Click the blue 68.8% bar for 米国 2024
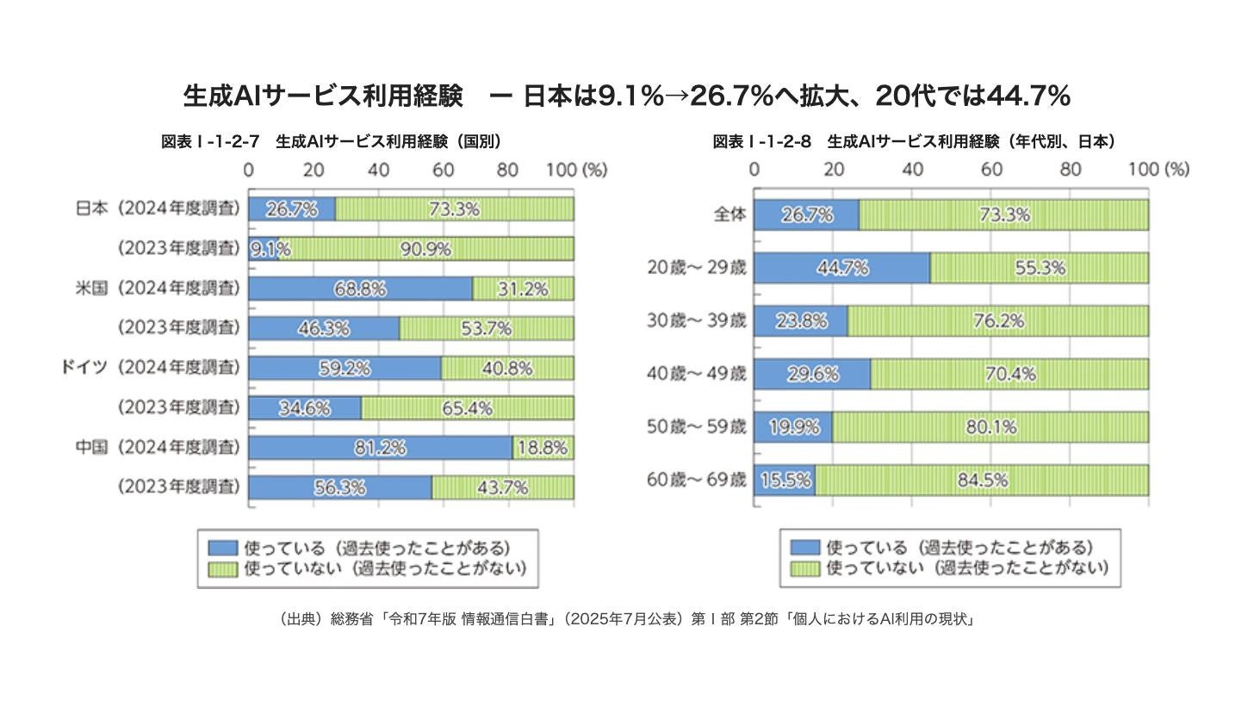361,288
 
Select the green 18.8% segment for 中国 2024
543,448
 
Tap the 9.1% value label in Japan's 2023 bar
270,249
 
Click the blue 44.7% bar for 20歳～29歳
842,268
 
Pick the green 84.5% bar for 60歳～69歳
982,481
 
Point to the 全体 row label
730,214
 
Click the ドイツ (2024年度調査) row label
151,368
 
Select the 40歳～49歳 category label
697,374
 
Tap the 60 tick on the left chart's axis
443,170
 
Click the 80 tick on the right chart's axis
1070,169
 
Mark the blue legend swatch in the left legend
223,548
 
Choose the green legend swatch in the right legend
805,568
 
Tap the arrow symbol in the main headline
677,96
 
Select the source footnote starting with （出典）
627,619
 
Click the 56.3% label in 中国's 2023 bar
340,487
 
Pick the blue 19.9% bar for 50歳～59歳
793,427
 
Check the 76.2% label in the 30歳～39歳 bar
999,320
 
